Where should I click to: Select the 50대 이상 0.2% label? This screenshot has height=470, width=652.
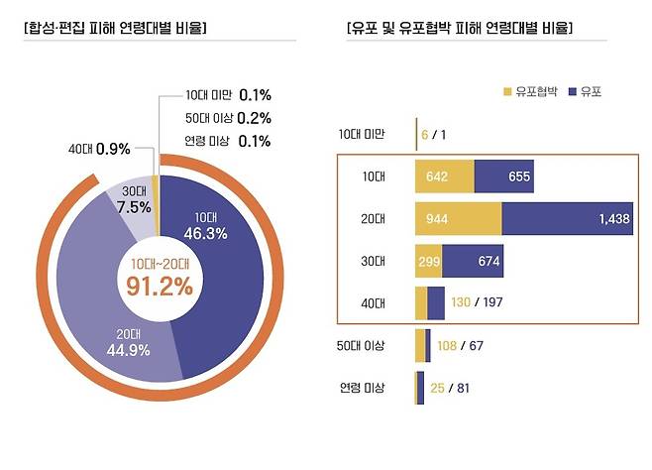click(x=228, y=118)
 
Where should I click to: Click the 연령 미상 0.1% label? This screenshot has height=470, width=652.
click(x=228, y=141)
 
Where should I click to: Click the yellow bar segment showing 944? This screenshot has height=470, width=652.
click(x=459, y=218)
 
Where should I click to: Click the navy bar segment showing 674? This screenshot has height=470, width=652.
click(x=475, y=261)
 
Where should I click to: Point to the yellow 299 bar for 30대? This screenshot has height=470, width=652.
click(x=429, y=261)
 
